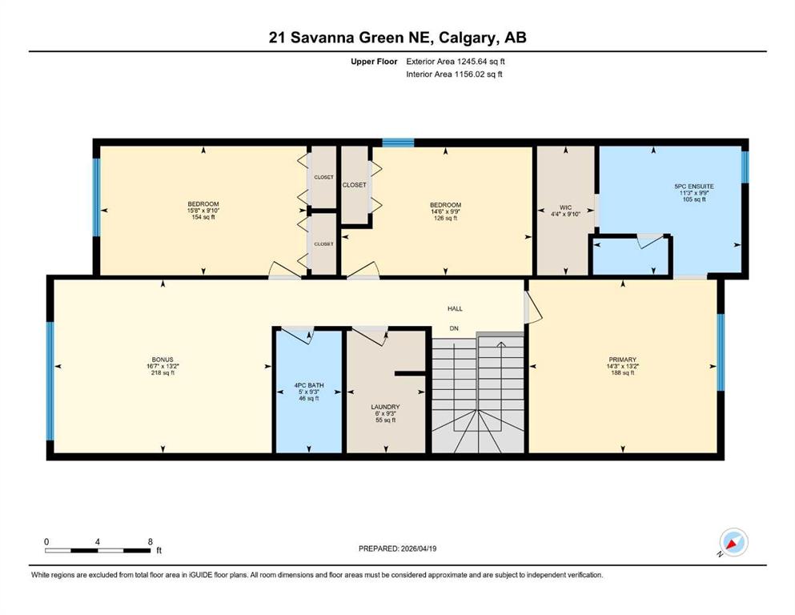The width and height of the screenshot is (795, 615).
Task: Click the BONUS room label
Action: (163, 360)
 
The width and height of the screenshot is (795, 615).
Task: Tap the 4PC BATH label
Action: (309, 385)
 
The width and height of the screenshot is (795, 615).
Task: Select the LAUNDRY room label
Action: (385, 407)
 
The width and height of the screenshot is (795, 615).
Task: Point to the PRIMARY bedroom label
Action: (623, 360)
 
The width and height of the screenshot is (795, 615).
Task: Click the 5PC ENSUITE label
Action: (694, 186)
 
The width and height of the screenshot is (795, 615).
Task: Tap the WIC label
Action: (566, 207)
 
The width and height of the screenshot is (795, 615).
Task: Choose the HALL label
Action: (455, 308)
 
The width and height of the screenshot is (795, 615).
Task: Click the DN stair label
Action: (454, 328)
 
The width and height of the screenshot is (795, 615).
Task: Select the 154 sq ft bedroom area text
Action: (203, 217)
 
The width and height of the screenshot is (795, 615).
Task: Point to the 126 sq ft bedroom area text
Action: (446, 218)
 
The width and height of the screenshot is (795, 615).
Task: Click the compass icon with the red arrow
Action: (733, 543)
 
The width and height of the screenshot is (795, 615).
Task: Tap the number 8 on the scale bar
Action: (150, 541)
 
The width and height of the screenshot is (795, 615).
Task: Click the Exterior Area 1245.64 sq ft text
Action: (456, 62)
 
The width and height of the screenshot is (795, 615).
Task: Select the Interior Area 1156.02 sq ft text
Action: (454, 74)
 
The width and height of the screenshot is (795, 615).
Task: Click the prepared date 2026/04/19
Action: (419, 549)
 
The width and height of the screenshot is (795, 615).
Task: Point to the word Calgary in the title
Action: (467, 38)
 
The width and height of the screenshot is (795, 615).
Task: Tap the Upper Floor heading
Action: (374, 62)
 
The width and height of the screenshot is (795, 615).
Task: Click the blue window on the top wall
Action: (398, 143)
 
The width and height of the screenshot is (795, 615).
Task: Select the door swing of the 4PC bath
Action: (298, 336)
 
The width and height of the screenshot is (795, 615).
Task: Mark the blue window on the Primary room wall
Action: (721, 352)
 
